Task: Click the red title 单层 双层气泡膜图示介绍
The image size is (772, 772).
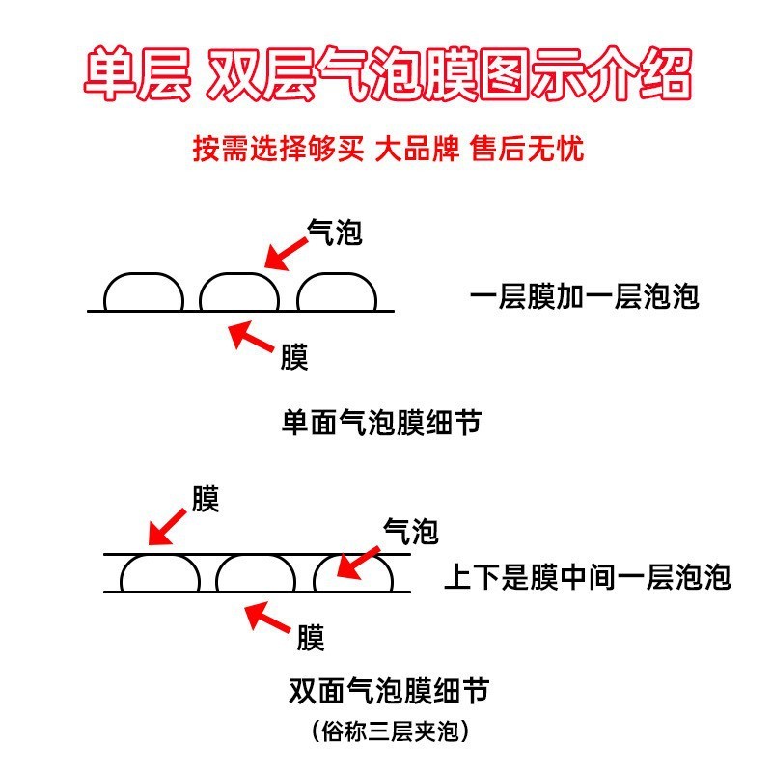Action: tap(386, 77)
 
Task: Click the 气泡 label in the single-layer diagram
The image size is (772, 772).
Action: tap(334, 231)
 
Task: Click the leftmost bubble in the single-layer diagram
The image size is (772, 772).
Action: tap(143, 293)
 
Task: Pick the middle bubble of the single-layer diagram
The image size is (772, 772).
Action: tap(239, 293)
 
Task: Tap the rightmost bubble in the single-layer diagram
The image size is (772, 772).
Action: tap(337, 293)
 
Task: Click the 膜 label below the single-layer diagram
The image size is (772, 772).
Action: tap(294, 358)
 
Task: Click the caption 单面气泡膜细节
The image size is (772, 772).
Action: tap(380, 423)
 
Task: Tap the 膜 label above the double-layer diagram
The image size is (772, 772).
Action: tap(206, 499)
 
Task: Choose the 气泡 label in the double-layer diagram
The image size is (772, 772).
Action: tap(411, 530)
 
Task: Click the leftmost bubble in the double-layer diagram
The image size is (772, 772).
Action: tap(159, 574)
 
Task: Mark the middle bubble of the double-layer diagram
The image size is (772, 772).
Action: tap(256, 574)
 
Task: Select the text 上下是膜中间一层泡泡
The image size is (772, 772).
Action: tap(587, 577)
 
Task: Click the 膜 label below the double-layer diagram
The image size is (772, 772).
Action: tap(310, 638)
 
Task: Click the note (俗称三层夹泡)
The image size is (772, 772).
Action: tap(389, 731)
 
